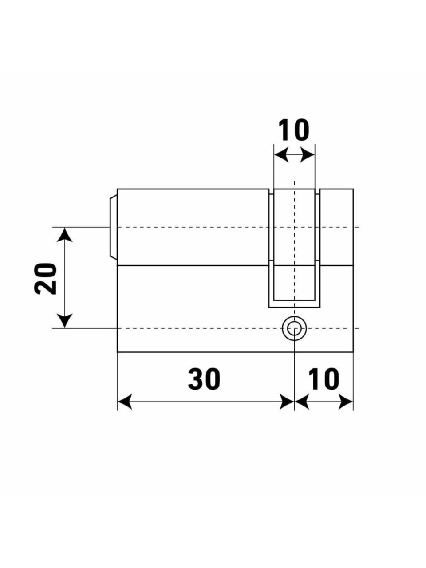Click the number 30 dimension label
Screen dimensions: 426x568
(204, 379)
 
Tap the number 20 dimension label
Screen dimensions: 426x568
(45, 278)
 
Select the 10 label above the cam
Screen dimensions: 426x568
(294, 130)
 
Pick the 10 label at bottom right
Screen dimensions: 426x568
(323, 379)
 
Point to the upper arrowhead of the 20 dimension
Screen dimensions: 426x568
(64, 234)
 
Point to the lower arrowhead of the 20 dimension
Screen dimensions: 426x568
(64, 321)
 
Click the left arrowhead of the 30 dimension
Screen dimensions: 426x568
(125, 402)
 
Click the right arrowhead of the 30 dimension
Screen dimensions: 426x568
(287, 402)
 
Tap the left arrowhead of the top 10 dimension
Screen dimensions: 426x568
(281, 155)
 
